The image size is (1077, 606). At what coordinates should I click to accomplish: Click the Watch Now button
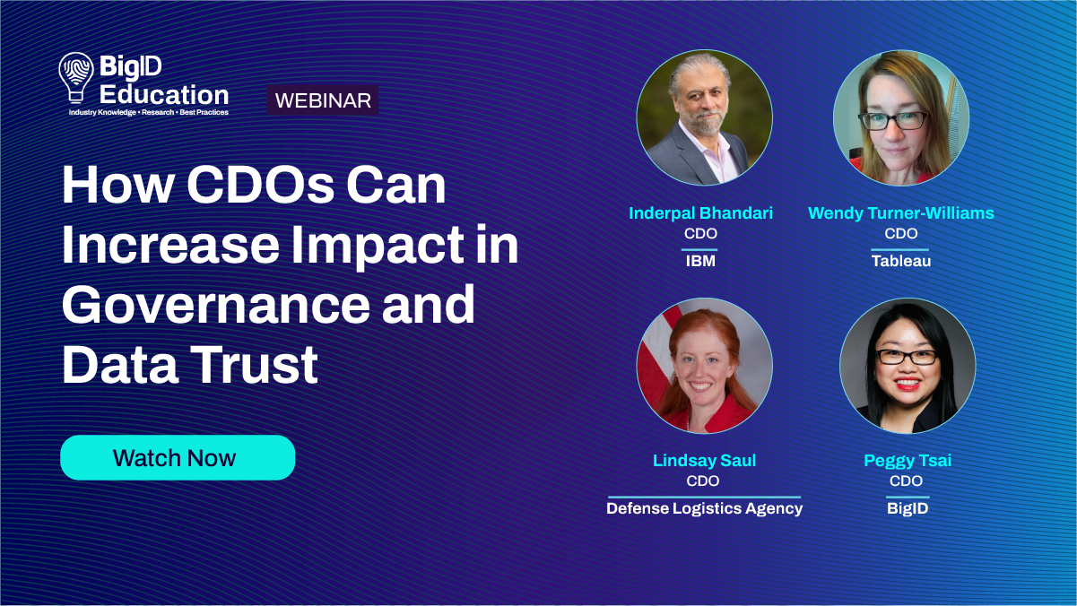177,458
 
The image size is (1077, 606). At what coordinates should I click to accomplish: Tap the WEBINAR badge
323,100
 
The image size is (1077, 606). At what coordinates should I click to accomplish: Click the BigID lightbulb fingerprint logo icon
75,76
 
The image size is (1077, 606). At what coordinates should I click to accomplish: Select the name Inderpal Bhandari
700,213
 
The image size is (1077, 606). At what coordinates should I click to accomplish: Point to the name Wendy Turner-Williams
900,213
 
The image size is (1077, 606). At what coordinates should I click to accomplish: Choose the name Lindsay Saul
704,461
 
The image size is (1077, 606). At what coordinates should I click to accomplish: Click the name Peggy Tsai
907,461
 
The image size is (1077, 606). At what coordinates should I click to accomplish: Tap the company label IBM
700,262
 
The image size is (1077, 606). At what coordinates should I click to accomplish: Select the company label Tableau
900,262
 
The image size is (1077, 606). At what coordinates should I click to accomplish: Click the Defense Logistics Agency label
704,508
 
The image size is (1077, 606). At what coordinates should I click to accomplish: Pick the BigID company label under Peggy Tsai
907,508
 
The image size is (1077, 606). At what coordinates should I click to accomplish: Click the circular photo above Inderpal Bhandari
704,117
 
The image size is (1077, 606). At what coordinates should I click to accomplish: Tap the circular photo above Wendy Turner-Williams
900,117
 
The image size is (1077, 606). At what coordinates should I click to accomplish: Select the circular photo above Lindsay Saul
704,366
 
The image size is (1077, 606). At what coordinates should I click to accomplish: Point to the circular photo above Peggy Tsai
907,366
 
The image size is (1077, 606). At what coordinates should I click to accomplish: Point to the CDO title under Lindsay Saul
704,481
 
